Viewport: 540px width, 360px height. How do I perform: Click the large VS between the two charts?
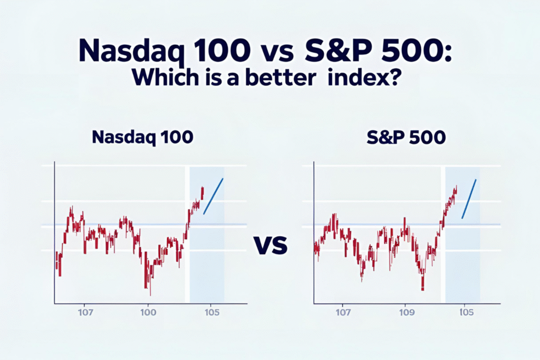(270, 245)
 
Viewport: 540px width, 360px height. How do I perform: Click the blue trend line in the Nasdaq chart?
(213, 196)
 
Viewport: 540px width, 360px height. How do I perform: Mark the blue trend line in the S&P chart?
(469, 199)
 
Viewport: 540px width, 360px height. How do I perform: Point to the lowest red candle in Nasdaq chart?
(150, 287)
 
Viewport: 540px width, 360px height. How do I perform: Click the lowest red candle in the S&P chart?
(423, 285)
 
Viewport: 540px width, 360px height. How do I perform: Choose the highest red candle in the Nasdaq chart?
(202, 192)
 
